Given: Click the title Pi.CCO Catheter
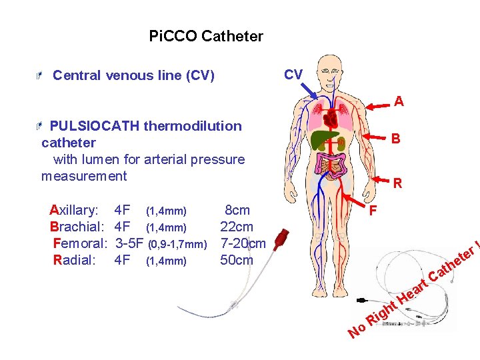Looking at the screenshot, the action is (x=206, y=36).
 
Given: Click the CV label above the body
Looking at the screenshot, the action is (x=293, y=74).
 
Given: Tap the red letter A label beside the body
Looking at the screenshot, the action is (x=399, y=102).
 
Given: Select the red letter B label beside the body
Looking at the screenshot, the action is (x=396, y=139).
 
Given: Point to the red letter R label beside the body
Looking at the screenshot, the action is (x=397, y=183).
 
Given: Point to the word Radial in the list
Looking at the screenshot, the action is (x=74, y=260).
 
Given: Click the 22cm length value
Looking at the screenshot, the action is (x=237, y=227).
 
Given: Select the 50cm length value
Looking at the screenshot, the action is (x=237, y=260).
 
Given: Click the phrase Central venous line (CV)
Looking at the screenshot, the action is (x=133, y=75).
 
